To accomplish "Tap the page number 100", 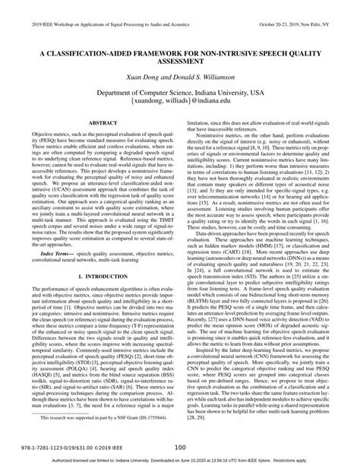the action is tap(180, 448).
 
